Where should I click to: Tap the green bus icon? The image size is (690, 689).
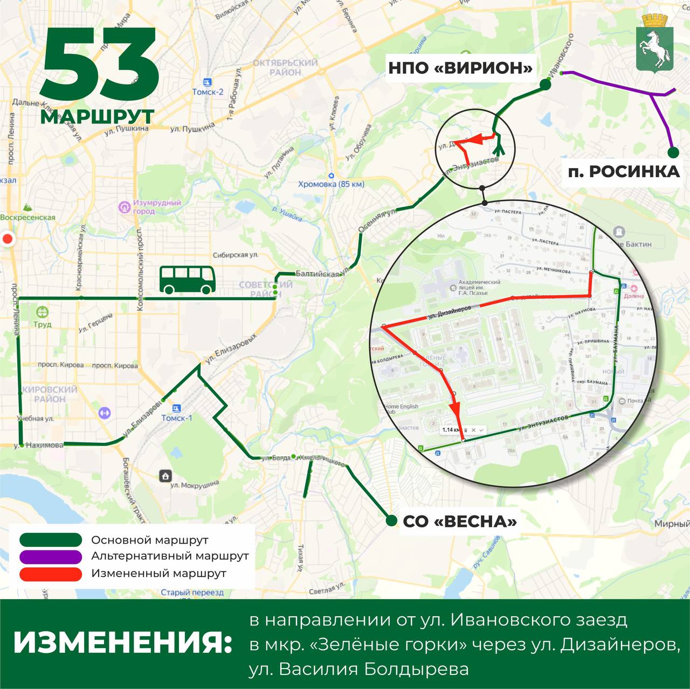pos(187,280)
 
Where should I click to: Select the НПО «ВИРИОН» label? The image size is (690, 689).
pos(460,68)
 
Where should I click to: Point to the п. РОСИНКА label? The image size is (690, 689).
pos(623,172)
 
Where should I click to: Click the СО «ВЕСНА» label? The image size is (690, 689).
pos(460,521)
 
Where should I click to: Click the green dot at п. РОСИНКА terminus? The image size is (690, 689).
pos(673,152)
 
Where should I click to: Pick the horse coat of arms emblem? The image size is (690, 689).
pos(654,43)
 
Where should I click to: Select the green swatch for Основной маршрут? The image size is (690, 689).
pos(51,540)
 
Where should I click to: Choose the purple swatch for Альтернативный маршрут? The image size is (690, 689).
pos(51,556)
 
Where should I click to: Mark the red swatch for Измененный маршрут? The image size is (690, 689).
pos(51,573)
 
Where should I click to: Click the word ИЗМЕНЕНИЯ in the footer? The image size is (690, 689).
pos(123,643)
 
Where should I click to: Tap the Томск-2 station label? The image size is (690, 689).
pos(208,92)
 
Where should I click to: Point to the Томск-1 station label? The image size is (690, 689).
pos(176,417)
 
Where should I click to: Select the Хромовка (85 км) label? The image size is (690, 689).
pos(331,184)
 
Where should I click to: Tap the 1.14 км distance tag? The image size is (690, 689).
pos(451,430)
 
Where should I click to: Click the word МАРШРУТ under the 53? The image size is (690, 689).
pos(97,116)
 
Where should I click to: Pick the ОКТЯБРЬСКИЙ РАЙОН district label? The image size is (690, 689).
pos(285,67)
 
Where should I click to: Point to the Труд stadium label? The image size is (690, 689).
pos(42,324)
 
